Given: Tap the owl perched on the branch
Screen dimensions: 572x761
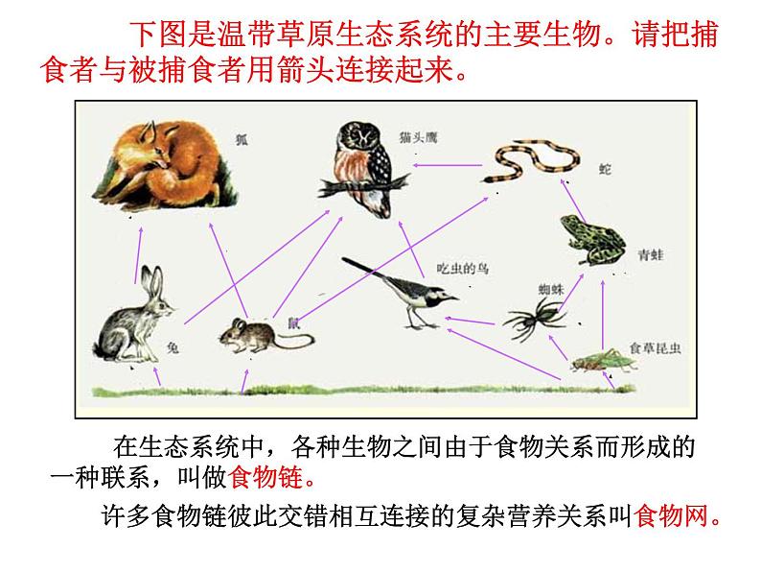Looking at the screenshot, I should [365, 168].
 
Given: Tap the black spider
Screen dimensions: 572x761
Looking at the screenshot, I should [534, 314].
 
